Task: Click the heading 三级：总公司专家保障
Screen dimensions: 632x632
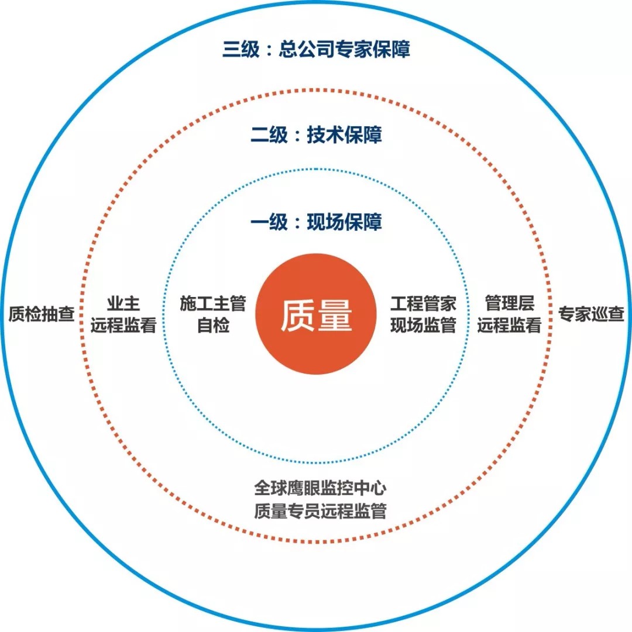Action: click(x=316, y=49)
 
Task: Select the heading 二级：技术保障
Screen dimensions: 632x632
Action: click(x=316, y=136)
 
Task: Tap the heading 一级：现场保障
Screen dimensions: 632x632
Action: click(x=316, y=223)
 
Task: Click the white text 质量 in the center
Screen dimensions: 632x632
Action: click(x=316, y=316)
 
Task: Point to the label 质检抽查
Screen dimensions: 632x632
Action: click(x=42, y=315)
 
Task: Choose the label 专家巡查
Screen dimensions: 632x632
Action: click(x=591, y=315)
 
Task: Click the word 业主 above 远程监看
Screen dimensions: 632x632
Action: click(x=123, y=304)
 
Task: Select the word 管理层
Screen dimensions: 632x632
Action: click(x=509, y=304)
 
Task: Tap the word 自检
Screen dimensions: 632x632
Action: click(x=212, y=326)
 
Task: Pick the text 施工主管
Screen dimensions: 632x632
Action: click(x=212, y=304)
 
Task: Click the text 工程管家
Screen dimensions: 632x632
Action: click(x=423, y=304)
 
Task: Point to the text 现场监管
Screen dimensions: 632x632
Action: click(x=423, y=326)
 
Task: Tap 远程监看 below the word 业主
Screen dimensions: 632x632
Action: click(x=123, y=326)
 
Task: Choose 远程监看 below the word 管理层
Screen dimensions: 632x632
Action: click(x=509, y=326)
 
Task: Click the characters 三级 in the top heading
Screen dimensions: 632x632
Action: click(x=241, y=49)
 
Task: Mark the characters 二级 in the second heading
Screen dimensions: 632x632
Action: click(x=269, y=136)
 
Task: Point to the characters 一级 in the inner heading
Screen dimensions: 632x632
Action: click(x=269, y=223)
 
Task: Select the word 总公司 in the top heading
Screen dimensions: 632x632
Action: click(x=311, y=49)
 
